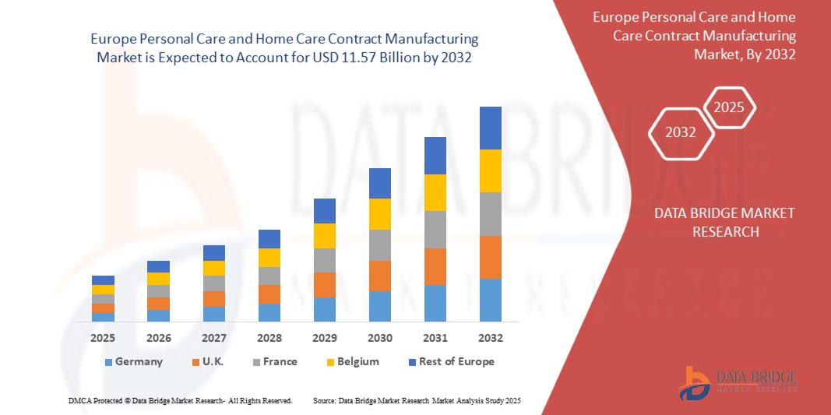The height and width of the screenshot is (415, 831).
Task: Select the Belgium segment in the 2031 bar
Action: (x=435, y=192)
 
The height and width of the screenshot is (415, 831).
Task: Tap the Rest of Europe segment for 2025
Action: (x=103, y=280)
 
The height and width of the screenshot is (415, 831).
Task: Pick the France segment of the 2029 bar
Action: (x=324, y=260)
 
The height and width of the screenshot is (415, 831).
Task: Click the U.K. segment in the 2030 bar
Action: (x=379, y=276)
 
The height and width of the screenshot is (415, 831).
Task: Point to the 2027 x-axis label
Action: (x=213, y=338)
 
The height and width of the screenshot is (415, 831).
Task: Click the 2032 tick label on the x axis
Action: (x=490, y=338)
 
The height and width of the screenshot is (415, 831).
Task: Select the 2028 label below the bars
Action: (x=269, y=338)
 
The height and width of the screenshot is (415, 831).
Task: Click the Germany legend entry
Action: (x=133, y=361)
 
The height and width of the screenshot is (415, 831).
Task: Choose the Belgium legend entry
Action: (x=352, y=361)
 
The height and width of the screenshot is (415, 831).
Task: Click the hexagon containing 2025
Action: (x=730, y=107)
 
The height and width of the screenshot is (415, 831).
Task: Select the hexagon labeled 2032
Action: (x=681, y=132)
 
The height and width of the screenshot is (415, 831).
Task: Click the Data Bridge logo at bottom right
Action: (x=738, y=382)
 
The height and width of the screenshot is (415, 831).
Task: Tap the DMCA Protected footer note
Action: (x=181, y=400)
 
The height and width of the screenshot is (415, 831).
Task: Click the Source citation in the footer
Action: (x=416, y=400)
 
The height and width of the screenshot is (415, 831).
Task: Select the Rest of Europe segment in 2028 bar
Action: (x=269, y=239)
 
